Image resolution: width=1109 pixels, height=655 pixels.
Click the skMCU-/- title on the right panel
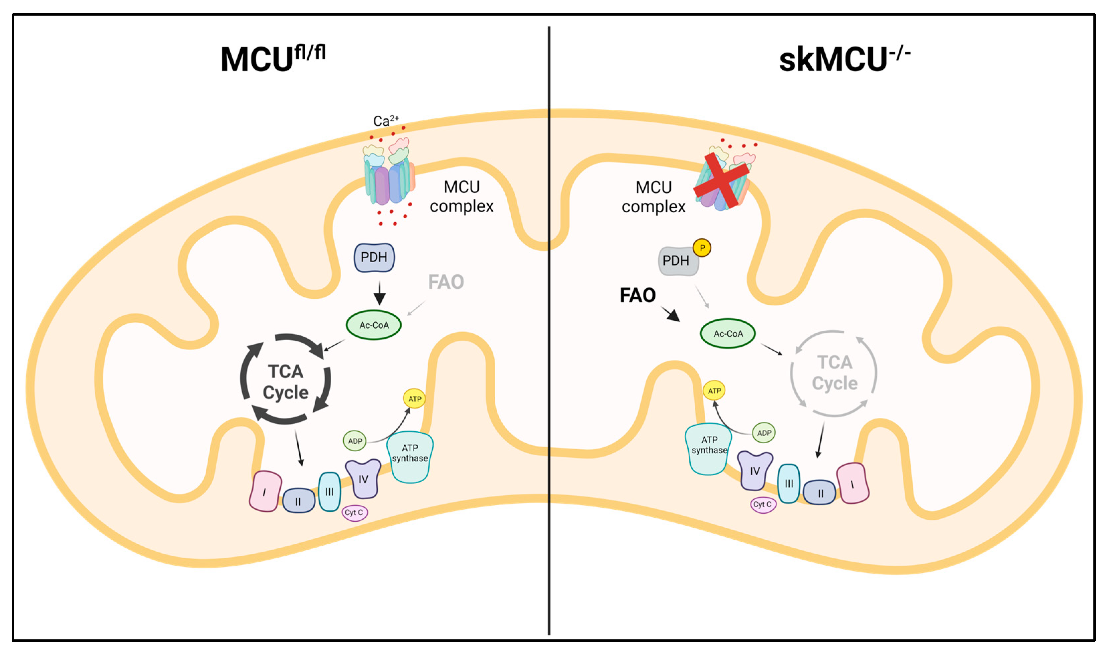[844, 59]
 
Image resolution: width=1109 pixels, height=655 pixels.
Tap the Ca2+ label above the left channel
[385, 121]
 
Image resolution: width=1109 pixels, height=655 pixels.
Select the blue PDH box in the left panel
[374, 257]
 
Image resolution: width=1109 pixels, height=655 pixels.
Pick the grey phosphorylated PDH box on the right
[677, 261]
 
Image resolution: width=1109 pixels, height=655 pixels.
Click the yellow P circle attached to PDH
[702, 248]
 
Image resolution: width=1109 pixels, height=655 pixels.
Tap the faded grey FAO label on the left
[446, 281]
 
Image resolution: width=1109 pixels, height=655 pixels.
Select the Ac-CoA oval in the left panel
[374, 325]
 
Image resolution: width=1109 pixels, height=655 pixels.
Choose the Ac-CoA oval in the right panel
[728, 334]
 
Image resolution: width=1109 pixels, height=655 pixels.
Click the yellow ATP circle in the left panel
[414, 398]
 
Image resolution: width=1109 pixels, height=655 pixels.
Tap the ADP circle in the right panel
[763, 433]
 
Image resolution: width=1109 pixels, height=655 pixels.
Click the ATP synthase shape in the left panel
[410, 457]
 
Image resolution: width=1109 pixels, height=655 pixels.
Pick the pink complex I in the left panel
[265, 491]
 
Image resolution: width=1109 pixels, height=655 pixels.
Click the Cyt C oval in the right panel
[763, 504]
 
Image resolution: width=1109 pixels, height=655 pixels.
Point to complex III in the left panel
[329, 491]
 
